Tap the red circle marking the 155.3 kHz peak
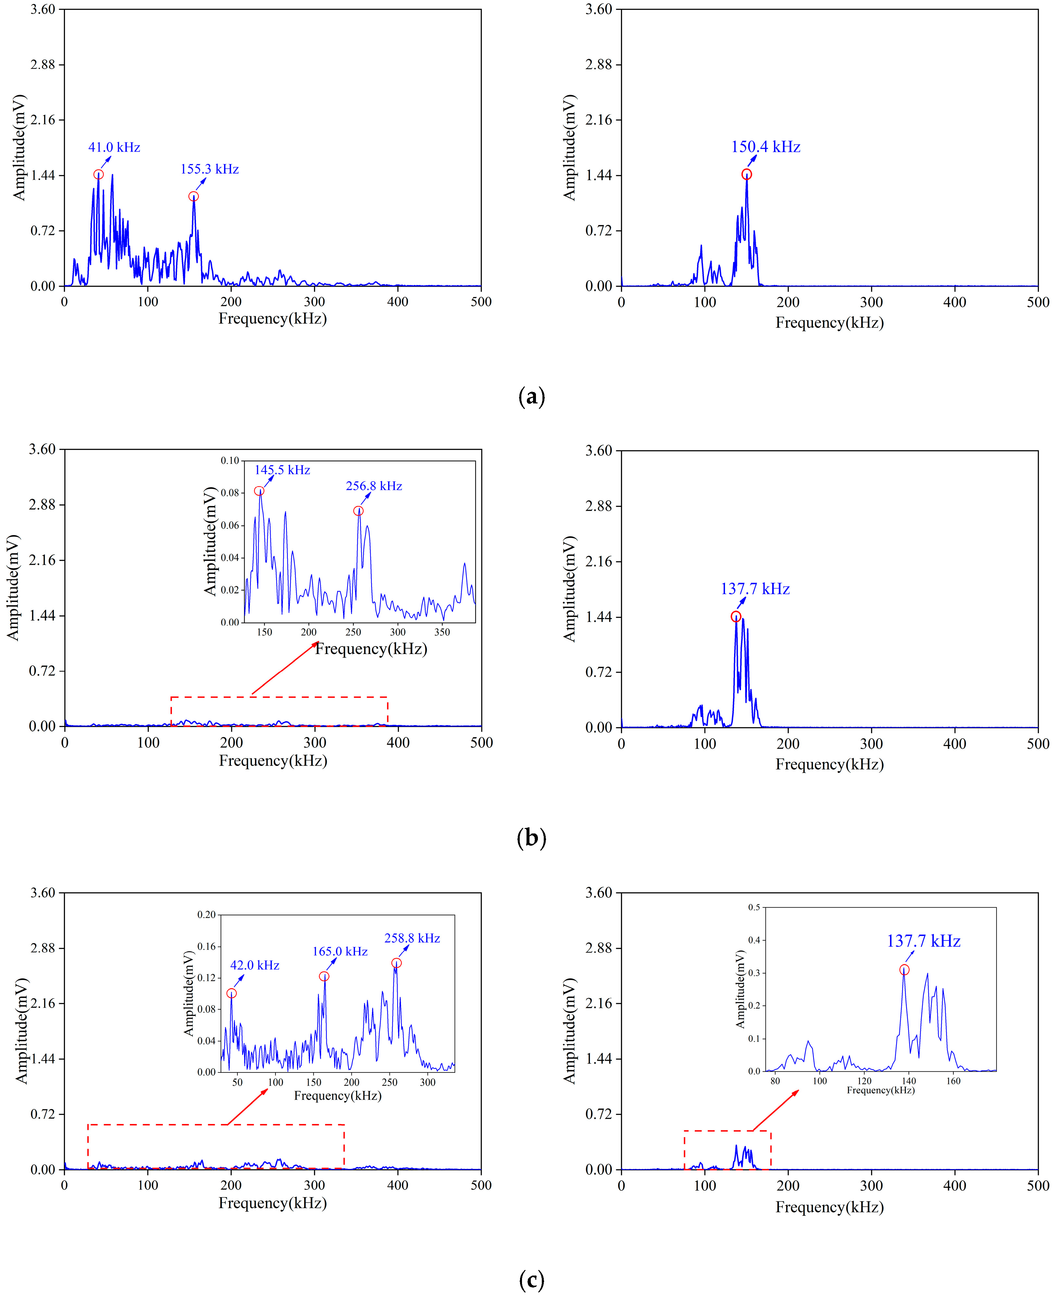click(194, 196)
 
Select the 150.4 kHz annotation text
click(765, 147)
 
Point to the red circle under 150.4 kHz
click(746, 174)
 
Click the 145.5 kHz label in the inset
click(282, 470)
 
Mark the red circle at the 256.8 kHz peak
click(358, 511)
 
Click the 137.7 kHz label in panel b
click(755, 589)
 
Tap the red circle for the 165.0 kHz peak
click(324, 976)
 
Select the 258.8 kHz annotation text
click(412, 938)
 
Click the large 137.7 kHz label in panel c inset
click(923, 941)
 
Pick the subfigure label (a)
click(531, 397)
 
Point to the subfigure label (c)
click(531, 1280)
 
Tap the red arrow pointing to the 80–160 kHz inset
click(776, 1111)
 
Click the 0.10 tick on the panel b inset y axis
click(230, 461)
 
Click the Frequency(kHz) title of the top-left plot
click(273, 318)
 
